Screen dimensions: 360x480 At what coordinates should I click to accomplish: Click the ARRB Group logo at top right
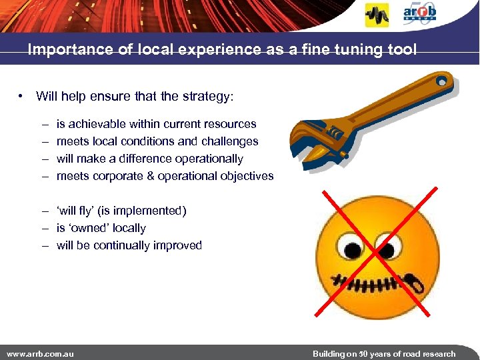point(420,13)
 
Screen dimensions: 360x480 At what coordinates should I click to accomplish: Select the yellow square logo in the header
point(377,15)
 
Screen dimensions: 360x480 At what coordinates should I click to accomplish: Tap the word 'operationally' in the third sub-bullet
point(209,159)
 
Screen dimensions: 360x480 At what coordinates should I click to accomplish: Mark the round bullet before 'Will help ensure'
point(22,97)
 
